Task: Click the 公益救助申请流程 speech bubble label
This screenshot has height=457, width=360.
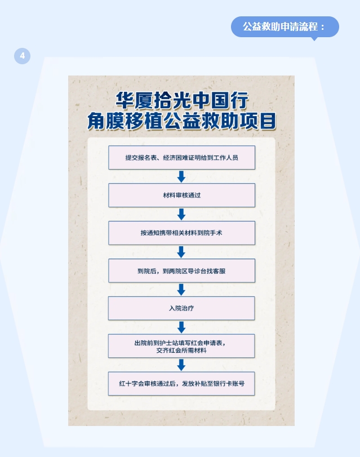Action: pos(285,27)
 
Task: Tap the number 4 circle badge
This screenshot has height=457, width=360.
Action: pos(22,56)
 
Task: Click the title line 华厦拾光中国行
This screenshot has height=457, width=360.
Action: pos(181,101)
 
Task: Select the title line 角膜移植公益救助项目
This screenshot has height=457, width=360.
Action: pos(181,120)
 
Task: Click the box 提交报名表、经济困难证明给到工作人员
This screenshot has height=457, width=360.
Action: pos(181,158)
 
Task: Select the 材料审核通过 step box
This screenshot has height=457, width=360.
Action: pos(181,195)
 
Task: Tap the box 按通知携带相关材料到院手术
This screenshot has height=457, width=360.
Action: pos(181,233)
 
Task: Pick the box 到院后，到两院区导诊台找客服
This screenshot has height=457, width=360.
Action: pos(181,270)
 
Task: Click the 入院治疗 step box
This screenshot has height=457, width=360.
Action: pos(181,308)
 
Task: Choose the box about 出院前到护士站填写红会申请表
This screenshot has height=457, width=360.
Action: pos(181,346)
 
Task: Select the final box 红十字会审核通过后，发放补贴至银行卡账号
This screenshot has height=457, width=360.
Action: pos(181,383)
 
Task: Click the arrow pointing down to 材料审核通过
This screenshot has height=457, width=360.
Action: pos(181,176)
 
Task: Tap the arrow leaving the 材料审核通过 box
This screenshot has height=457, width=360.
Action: pos(181,214)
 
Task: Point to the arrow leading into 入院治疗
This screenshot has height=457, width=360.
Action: pos(181,290)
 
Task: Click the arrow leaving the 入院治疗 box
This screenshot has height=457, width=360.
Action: pos(181,327)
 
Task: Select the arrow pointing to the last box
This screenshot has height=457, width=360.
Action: pos(181,365)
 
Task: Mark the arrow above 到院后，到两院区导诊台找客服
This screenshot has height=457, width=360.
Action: pos(181,252)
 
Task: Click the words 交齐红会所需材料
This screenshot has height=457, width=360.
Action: pos(181,350)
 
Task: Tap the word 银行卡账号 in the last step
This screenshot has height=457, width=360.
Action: pos(230,383)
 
